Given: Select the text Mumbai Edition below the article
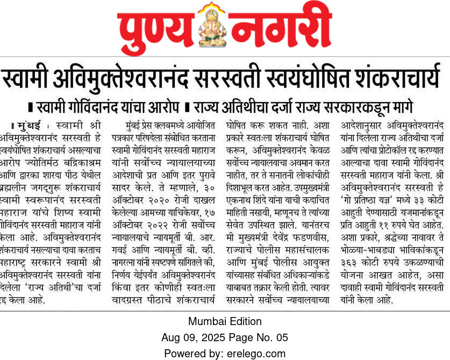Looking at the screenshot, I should [x=225, y=321].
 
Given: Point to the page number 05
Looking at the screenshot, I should [x=282, y=337].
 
